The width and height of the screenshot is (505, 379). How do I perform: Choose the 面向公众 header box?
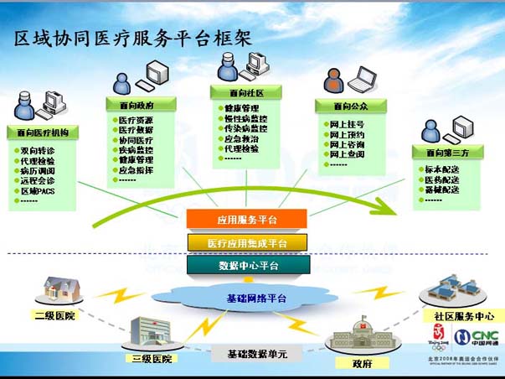[349, 106]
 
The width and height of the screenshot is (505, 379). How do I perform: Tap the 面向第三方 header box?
[447, 153]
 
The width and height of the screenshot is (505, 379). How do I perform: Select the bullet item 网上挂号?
[346, 124]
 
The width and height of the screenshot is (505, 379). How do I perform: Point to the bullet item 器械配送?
[441, 189]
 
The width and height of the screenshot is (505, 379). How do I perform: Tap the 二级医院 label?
[54, 316]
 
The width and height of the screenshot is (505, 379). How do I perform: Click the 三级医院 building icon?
[151, 333]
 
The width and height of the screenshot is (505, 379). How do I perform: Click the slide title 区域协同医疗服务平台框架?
[133, 38]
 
